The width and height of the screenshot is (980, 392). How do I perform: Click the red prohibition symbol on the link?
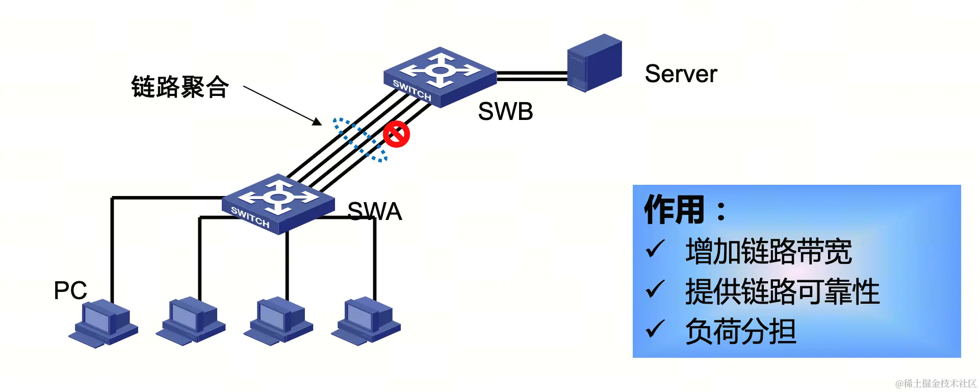pos(396,134)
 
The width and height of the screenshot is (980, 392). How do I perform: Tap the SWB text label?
pos(505,111)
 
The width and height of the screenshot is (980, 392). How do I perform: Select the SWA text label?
pos(375,211)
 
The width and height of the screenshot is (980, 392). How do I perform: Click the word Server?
pos(681,74)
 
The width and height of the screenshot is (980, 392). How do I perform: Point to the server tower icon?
pos(595,63)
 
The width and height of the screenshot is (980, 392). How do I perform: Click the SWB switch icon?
pos(439,77)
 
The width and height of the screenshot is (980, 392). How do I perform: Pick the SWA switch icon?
pos(278,204)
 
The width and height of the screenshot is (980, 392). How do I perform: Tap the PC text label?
pos(70,290)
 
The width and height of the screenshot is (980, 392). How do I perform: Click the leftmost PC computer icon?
pos(104,324)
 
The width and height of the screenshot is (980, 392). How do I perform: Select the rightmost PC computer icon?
pos(366,322)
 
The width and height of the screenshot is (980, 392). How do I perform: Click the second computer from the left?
pos(191,322)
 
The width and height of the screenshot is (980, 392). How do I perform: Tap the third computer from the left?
pos(278,322)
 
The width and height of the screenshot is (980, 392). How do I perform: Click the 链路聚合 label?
pos(179,87)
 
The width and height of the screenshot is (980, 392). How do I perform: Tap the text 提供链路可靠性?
pos(782,292)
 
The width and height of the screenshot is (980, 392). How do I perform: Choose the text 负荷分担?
pos(740,332)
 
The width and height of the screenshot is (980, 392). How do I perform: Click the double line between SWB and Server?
pos(532,77)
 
